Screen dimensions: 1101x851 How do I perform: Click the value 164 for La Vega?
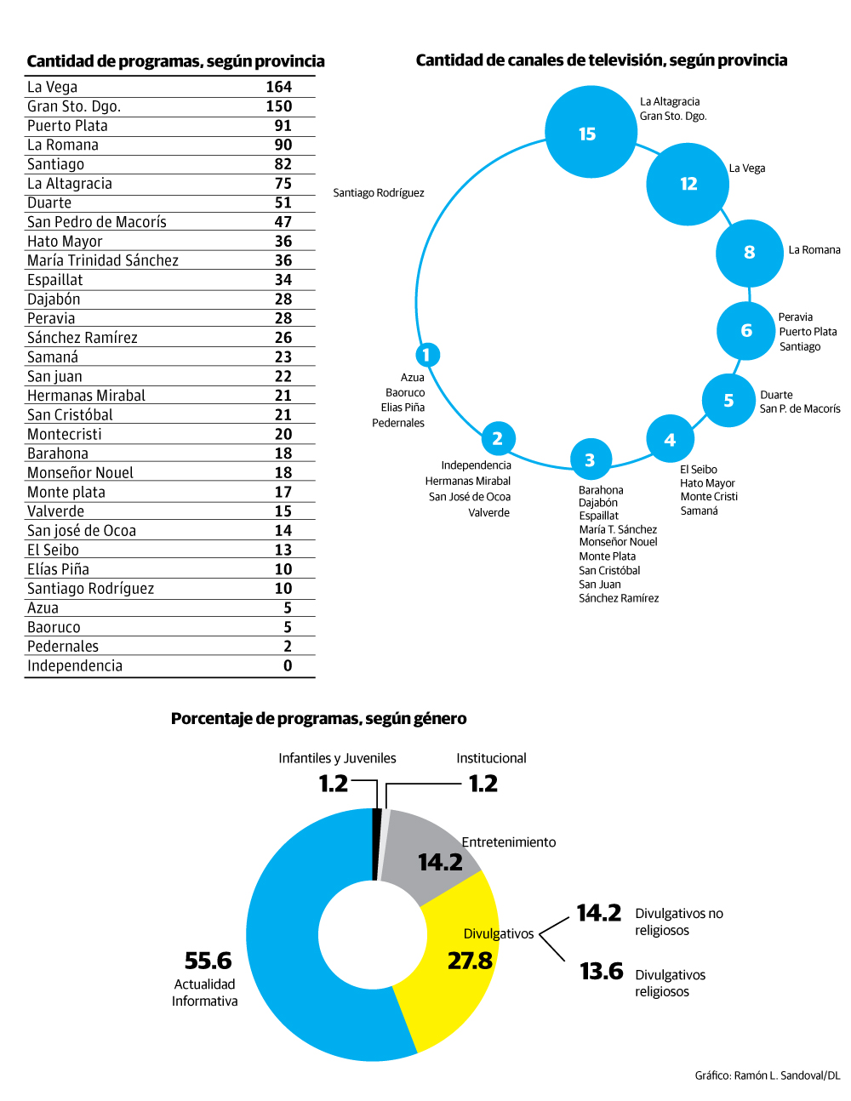click(x=278, y=87)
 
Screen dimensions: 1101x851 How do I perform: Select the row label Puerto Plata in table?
click(x=67, y=126)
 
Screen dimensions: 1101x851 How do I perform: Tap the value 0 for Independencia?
click(x=288, y=666)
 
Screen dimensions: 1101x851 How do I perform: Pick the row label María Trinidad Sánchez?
click(x=103, y=260)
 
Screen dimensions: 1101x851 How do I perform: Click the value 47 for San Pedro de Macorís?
click(x=283, y=222)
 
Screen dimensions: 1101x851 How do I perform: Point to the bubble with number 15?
click(x=590, y=133)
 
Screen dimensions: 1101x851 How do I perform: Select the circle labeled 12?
click(x=688, y=184)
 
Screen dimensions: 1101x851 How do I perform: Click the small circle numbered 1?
click(x=427, y=354)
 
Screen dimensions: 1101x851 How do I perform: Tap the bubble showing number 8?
click(x=749, y=253)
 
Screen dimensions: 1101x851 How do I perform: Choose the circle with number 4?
click(x=670, y=440)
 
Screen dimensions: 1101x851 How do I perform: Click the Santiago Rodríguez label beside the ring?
click(x=379, y=193)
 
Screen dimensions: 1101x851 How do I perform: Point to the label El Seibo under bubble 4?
click(x=698, y=470)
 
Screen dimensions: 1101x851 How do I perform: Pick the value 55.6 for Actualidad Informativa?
click(x=208, y=961)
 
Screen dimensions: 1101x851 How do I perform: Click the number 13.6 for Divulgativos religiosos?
click(x=601, y=971)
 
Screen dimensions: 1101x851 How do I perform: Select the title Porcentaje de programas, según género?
click(x=318, y=718)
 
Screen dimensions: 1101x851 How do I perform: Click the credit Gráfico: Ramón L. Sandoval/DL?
click(x=767, y=1075)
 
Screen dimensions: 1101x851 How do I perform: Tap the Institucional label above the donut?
click(x=491, y=758)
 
